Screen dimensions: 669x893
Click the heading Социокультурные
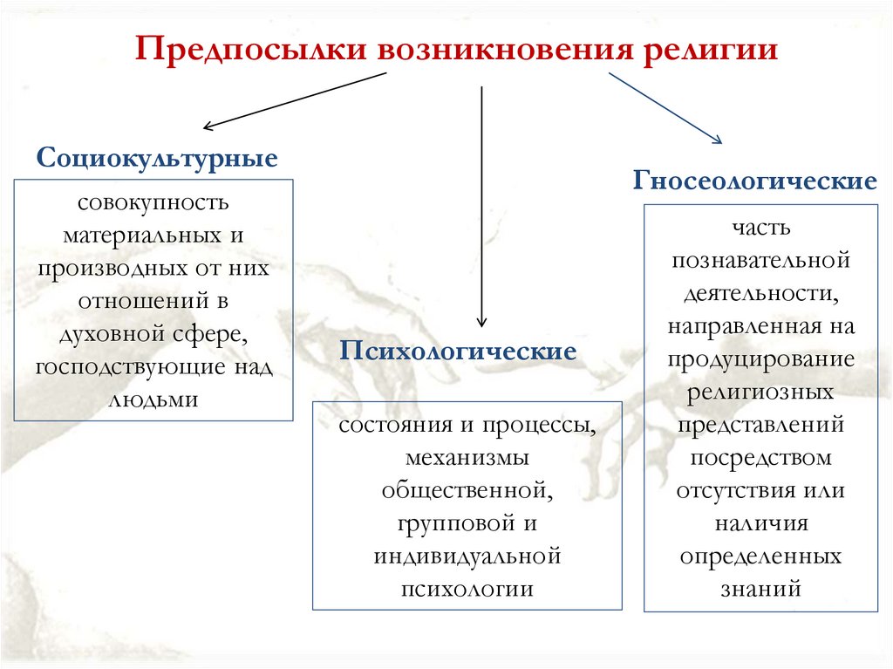point(157,159)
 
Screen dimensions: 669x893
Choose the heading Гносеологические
point(755,182)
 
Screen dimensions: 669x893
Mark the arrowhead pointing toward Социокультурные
point(208,126)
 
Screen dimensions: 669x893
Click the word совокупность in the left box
point(153,203)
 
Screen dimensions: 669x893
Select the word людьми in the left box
point(153,399)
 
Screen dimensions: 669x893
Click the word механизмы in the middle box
point(467,458)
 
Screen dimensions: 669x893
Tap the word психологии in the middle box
point(467,589)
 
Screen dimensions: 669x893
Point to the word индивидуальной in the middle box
point(467,556)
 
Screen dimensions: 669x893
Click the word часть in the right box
point(761,228)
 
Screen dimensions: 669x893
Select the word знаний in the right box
point(761,588)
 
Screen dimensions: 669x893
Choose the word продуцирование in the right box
point(761,358)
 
